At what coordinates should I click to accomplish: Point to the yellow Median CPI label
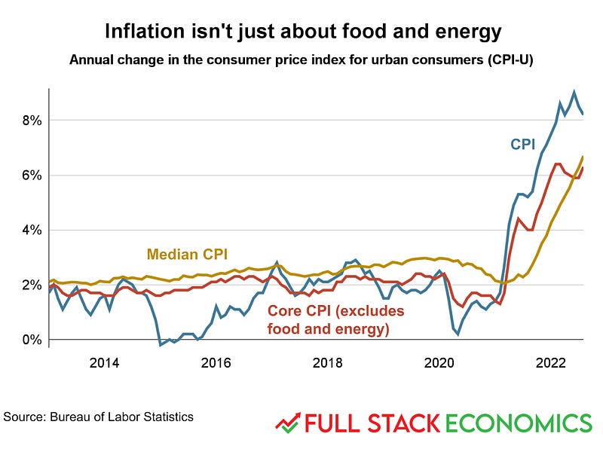[187, 253]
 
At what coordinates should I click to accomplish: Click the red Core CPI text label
[336, 319]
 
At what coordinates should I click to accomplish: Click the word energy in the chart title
[468, 32]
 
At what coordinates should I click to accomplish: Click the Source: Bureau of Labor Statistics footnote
[98, 417]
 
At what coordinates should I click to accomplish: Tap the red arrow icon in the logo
[287, 422]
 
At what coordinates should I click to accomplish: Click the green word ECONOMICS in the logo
[519, 422]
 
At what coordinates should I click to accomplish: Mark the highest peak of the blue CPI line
[574, 92]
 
